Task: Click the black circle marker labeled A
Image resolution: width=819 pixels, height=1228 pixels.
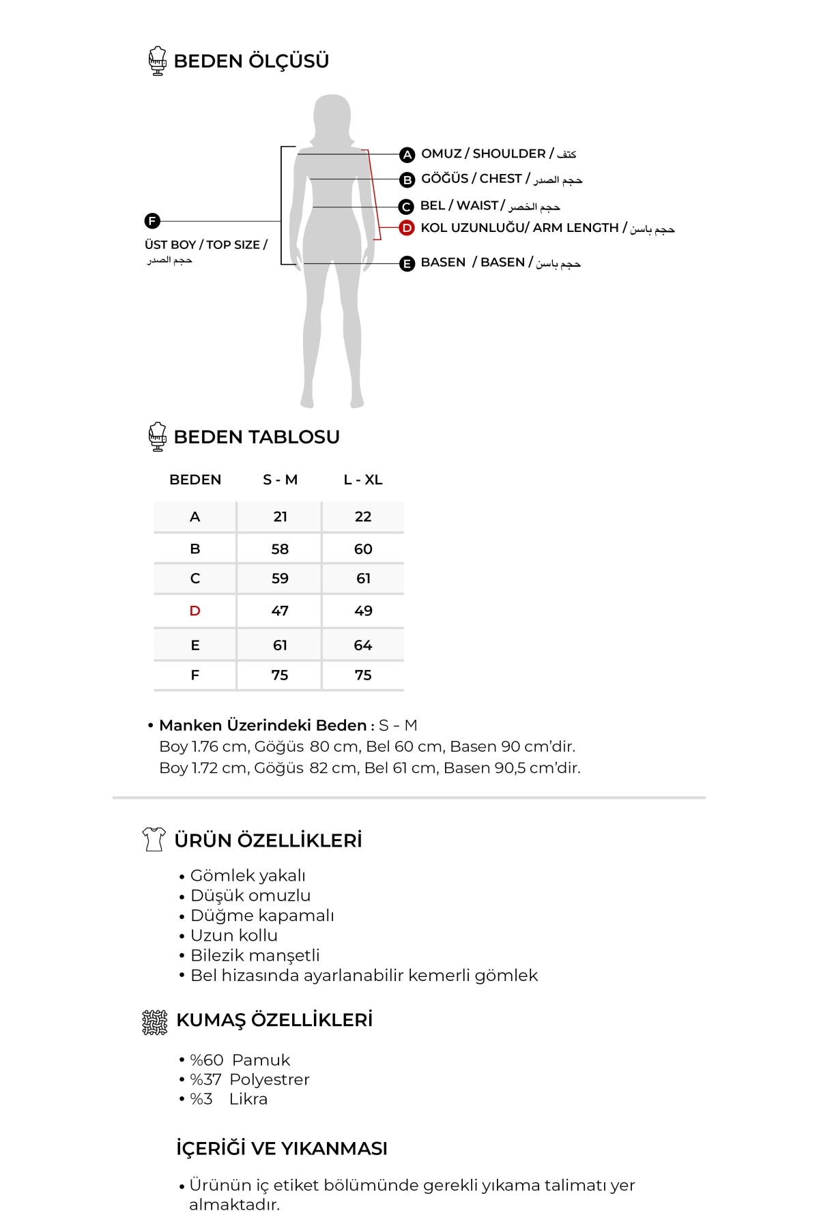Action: [x=407, y=155]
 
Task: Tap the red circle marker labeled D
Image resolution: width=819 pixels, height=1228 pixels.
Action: [x=407, y=229]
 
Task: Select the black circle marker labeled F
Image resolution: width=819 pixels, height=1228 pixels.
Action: [x=152, y=221]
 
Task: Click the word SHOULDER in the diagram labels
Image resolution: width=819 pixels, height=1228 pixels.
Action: [x=508, y=153]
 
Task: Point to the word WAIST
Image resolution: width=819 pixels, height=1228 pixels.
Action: [x=477, y=205]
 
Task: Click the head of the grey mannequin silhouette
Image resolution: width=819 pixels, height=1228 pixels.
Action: [x=332, y=116]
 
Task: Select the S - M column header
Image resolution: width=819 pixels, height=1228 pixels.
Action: [x=280, y=480]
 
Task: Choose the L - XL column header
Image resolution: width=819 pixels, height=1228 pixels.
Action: [x=363, y=480]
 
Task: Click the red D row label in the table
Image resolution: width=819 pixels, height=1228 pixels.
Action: [x=195, y=611]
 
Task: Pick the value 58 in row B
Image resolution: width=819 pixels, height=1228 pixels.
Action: [x=280, y=549]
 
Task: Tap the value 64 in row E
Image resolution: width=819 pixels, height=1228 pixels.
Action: [x=363, y=645]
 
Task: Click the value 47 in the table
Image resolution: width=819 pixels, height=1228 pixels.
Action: [x=280, y=611]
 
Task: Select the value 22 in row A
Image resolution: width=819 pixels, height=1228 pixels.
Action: [x=363, y=516]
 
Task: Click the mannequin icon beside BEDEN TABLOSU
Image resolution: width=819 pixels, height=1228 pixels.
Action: [x=158, y=437]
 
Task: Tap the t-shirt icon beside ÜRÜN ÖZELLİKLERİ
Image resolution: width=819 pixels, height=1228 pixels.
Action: [x=154, y=839]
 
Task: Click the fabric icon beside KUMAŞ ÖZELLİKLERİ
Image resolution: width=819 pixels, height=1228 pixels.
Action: [x=155, y=1021]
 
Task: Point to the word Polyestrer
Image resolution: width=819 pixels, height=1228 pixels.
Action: [x=270, y=1079]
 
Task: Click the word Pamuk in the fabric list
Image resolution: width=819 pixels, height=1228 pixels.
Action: [x=261, y=1059]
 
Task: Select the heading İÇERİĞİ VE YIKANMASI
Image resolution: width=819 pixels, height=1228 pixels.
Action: [x=281, y=1148]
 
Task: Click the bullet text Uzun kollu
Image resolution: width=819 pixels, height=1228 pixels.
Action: [x=234, y=935]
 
